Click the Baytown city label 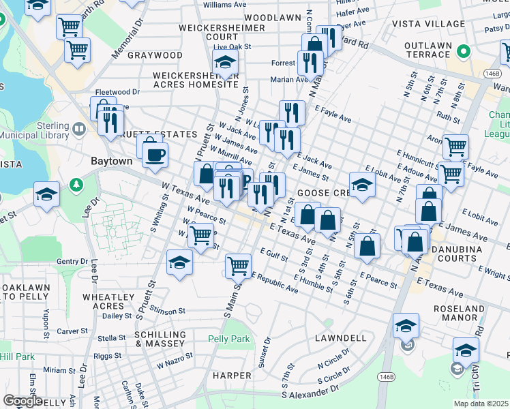coord(112,162)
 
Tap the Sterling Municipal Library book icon coord(80,129)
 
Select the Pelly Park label coord(229,339)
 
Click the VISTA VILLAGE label coord(427,24)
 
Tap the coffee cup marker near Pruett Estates coord(155,154)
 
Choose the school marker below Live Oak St coord(225,63)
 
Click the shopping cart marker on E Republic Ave coord(237,264)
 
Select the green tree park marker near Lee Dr coord(76,185)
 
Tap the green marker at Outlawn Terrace coord(463,52)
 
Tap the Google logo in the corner coord(22,401)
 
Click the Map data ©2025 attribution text coord(481,404)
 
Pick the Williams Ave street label coord(224,5)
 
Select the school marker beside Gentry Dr coord(179,262)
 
